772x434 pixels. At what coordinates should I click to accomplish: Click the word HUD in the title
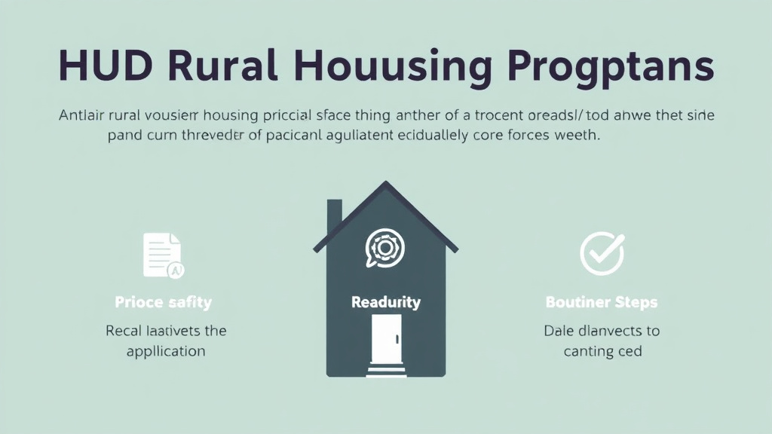pyautogui.click(x=106, y=66)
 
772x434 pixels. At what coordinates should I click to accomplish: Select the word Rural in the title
pyautogui.click(x=227, y=66)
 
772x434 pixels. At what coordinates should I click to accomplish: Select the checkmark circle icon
pyautogui.click(x=602, y=253)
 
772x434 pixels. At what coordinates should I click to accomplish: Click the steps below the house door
pyautogui.click(x=385, y=370)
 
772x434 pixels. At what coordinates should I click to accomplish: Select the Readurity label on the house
pyautogui.click(x=385, y=302)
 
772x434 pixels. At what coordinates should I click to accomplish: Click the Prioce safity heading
pyautogui.click(x=163, y=302)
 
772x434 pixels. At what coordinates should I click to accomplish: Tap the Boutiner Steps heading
pyautogui.click(x=601, y=302)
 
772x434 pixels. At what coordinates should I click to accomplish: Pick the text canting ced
pyautogui.click(x=602, y=351)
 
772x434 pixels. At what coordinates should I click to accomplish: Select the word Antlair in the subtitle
pyautogui.click(x=82, y=117)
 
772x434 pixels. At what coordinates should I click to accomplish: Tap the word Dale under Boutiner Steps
pyautogui.click(x=559, y=331)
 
